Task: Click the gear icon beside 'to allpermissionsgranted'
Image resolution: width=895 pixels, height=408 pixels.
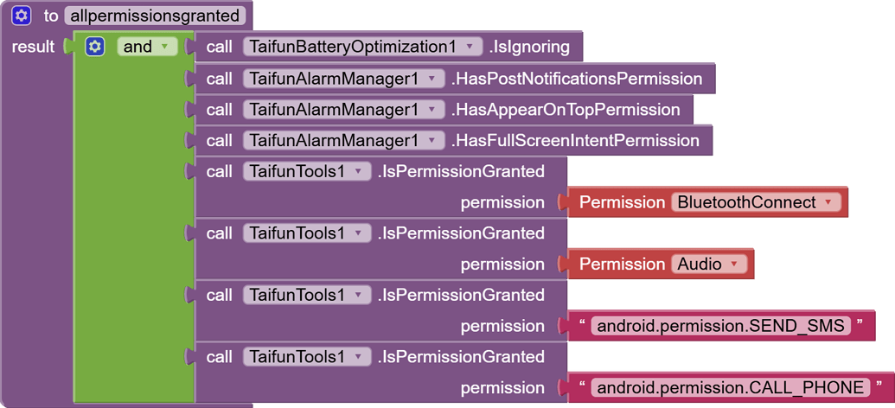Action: [22, 16]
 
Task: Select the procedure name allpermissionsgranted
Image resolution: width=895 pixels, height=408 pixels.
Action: [155, 16]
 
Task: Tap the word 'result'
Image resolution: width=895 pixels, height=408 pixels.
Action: [33, 47]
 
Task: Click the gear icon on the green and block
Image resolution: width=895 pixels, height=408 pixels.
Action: [95, 47]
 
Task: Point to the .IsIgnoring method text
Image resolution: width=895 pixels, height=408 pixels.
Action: [529, 47]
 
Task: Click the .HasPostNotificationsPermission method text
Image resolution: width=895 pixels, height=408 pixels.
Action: [577, 79]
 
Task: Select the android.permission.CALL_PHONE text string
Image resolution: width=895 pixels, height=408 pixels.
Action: [730, 388]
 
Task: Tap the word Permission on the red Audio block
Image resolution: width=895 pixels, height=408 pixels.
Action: [622, 265]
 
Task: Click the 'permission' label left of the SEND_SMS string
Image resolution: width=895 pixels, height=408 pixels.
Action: [502, 326]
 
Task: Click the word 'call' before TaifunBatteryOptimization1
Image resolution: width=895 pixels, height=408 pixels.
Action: [220, 47]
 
